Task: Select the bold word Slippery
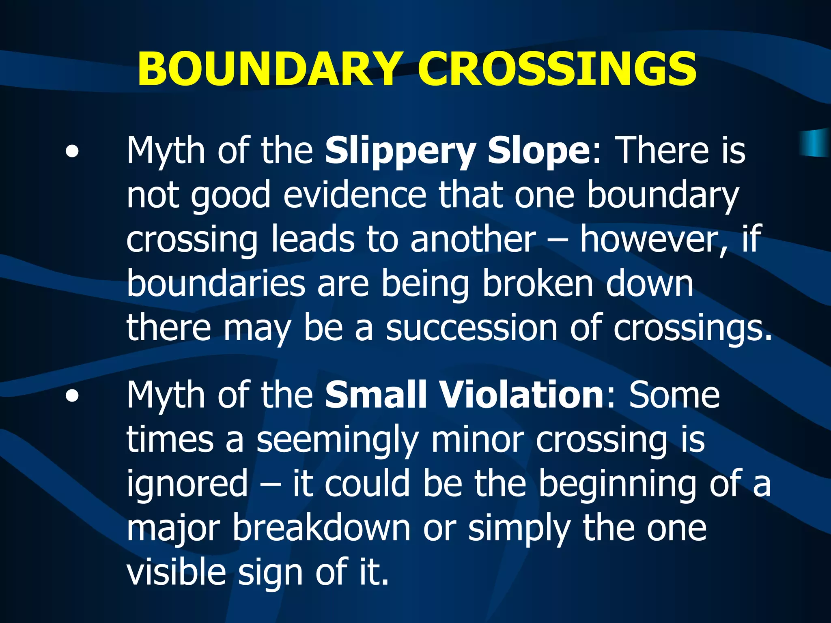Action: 400,151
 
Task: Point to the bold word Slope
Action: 539,151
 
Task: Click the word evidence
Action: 355,195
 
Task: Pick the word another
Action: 473,239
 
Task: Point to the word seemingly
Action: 337,440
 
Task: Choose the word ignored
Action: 187,484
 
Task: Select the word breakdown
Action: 321,528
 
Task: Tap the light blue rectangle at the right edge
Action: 816,143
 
